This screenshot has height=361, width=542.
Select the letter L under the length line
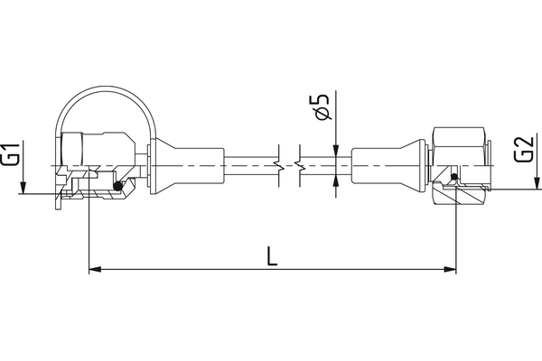pyautogui.click(x=272, y=255)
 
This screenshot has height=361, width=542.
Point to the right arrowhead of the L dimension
pyautogui.click(x=451, y=268)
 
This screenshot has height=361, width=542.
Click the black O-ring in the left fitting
pyautogui.click(x=117, y=186)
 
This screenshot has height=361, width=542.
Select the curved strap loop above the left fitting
pyautogui.click(x=104, y=99)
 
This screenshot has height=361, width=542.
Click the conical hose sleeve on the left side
pyautogui.click(x=185, y=163)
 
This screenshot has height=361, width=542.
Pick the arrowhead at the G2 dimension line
pyautogui.click(x=509, y=190)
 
